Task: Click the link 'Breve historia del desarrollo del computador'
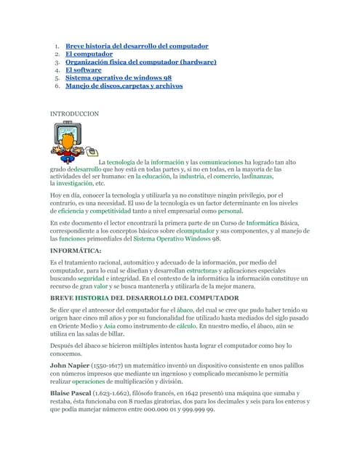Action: coord(137,46)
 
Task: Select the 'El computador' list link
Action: coord(89,54)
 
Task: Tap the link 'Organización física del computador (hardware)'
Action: coord(141,62)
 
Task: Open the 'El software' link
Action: coord(84,70)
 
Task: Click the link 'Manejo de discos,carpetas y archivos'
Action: coord(124,86)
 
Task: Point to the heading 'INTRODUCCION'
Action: coord(74,114)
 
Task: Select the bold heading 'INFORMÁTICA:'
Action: coord(76,250)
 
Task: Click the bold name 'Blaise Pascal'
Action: coord(72,392)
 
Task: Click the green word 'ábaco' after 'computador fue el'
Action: coord(185,310)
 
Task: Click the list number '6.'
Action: coord(57,86)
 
